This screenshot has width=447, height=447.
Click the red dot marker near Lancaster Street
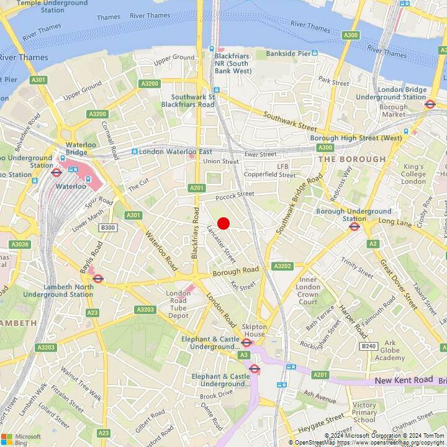[223, 223]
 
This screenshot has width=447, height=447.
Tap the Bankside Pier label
[287, 54]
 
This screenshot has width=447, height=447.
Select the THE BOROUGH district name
[351, 159]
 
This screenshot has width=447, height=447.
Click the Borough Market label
[393, 111]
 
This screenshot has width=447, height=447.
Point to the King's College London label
[414, 174]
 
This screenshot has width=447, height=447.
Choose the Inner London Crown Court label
[308, 291]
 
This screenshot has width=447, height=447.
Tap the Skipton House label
[254, 330]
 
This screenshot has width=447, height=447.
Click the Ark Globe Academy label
[390, 350]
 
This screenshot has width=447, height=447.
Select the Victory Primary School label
[364, 412]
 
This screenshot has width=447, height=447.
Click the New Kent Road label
[404, 379]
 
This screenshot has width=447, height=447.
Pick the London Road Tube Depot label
[178, 304]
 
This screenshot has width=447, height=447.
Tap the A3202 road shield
[282, 266]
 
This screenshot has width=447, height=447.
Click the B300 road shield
[108, 228]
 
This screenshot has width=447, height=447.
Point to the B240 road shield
[369, 346]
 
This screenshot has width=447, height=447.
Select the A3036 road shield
[20, 245]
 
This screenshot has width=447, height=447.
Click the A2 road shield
[373, 244]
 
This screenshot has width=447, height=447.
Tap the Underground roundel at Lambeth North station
[97, 279]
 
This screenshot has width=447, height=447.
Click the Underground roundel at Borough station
[354, 227]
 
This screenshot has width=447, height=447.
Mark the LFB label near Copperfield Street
[283, 166]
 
